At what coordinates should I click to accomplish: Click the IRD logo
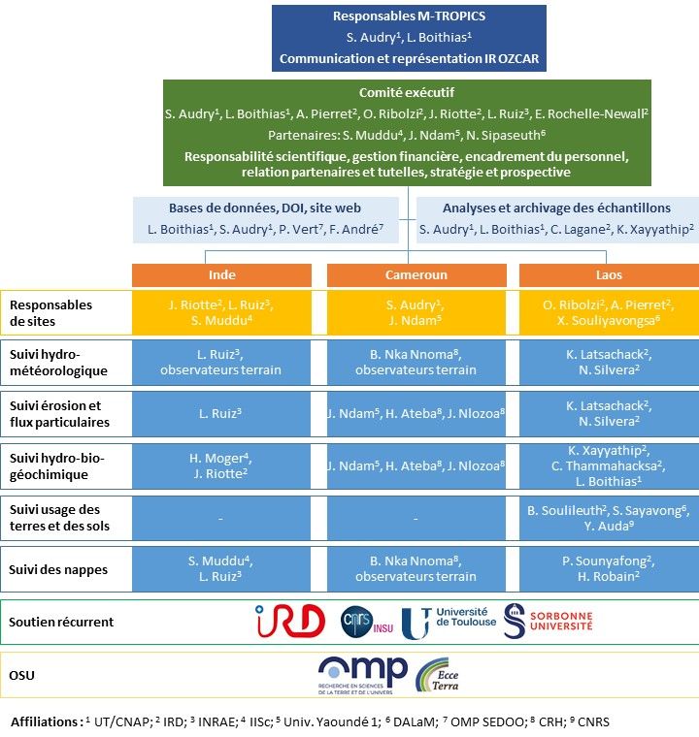click(x=290, y=621)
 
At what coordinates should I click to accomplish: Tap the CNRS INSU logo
click(x=367, y=623)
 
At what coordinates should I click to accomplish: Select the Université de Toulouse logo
click(x=449, y=623)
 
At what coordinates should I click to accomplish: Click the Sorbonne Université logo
click(x=548, y=622)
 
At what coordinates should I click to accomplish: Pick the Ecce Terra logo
click(x=437, y=676)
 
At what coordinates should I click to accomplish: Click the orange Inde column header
click(x=221, y=275)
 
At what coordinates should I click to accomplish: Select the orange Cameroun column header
click(x=416, y=275)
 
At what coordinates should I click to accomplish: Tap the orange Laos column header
click(x=609, y=275)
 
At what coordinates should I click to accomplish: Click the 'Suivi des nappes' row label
click(x=58, y=569)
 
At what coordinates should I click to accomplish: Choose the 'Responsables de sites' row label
click(x=50, y=313)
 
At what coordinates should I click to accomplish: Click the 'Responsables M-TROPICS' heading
click(x=409, y=16)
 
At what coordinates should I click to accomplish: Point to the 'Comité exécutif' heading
click(x=407, y=92)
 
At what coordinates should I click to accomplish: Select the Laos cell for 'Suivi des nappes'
click(x=609, y=568)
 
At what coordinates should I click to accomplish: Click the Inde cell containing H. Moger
click(x=221, y=465)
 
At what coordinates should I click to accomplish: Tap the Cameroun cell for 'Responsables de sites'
click(x=416, y=312)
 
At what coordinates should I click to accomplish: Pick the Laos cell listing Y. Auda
click(x=609, y=518)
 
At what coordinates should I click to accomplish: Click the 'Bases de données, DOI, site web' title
click(x=265, y=208)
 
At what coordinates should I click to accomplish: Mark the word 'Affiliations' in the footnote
click(x=44, y=721)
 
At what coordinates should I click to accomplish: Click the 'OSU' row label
click(x=21, y=676)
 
